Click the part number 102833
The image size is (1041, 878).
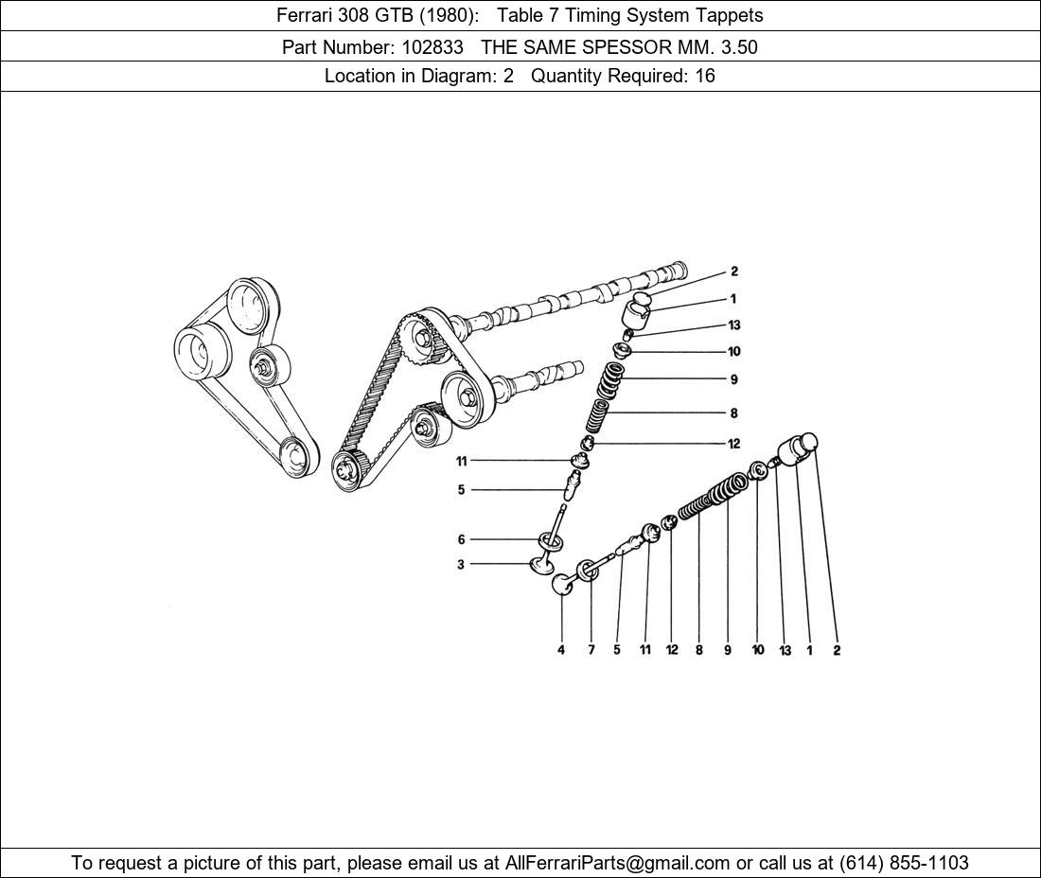pos(432,47)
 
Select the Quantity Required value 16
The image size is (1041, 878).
pos(705,76)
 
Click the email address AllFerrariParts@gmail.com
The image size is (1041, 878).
pos(618,863)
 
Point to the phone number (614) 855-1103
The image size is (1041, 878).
pos(904,863)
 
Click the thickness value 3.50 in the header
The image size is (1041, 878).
pos(739,47)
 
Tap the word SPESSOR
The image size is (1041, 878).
pos(620,47)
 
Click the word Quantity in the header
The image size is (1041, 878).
pos(569,76)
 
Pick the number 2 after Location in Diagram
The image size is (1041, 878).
pos(508,76)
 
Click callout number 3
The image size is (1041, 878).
pos(461,565)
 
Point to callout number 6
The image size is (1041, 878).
pos(462,539)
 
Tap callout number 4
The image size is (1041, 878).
pos(561,650)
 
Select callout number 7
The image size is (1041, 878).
pos(591,650)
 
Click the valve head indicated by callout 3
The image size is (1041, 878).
pos(540,566)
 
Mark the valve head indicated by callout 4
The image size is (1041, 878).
pos(563,585)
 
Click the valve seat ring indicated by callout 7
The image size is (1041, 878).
pos(587,571)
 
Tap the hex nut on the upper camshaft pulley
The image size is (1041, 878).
pos(422,337)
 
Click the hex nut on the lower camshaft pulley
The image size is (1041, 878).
pos(466,396)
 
